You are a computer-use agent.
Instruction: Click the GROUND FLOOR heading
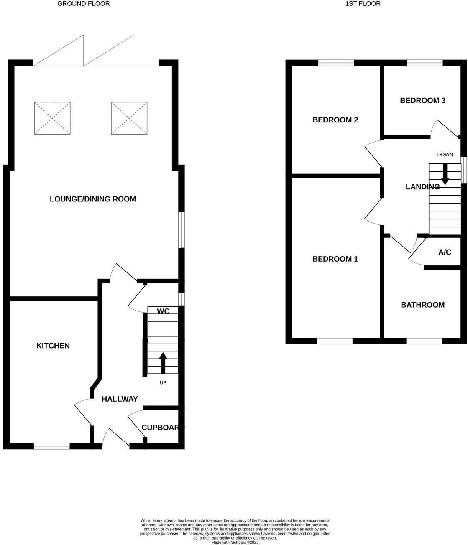(83, 4)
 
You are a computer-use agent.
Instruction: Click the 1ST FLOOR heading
(363, 4)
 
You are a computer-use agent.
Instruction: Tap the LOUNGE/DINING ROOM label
(93, 199)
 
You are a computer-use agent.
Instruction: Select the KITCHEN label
(53, 346)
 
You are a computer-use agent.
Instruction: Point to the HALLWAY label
(120, 399)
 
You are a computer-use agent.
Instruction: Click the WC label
(163, 311)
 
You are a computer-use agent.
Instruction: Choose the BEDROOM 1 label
(335, 259)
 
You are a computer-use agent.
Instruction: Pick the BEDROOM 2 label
(335, 120)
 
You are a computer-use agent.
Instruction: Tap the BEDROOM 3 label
(422, 100)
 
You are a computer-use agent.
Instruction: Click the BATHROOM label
(422, 305)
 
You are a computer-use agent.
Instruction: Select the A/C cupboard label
(445, 252)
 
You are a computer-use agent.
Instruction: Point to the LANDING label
(422, 187)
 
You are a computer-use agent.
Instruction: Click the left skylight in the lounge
(52, 118)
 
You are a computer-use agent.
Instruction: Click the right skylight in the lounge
(129, 118)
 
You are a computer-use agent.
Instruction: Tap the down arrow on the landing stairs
(445, 174)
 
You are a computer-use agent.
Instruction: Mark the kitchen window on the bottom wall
(51, 446)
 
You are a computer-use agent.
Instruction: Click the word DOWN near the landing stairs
(445, 155)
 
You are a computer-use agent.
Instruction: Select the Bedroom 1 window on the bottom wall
(335, 341)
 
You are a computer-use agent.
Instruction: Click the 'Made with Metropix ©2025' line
(235, 542)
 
